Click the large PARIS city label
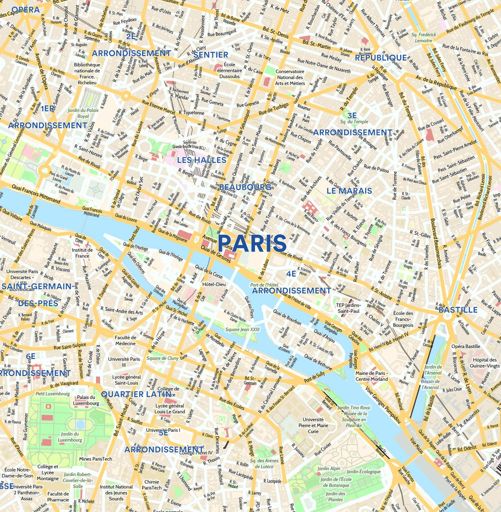point(252,243)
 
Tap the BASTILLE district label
point(458,310)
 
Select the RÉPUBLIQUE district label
point(381,58)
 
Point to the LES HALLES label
point(201,160)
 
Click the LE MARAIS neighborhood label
point(349,191)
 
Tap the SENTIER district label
point(210,54)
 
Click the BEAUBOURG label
point(245,187)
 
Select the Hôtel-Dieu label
point(215,284)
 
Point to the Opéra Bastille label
point(465,346)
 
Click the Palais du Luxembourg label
point(86,400)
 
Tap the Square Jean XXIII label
point(242,330)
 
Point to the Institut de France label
point(82,252)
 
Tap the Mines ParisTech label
point(95,458)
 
